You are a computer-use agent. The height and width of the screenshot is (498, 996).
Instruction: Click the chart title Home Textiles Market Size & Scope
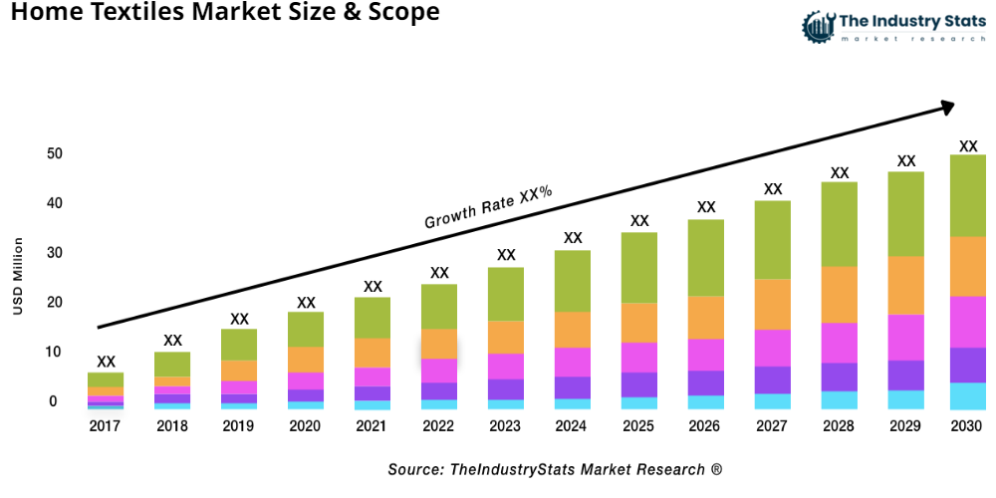pyautogui.click(x=219, y=14)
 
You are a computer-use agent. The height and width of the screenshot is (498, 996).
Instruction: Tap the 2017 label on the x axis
pyautogui.click(x=106, y=426)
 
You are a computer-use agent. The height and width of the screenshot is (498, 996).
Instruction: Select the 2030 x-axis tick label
pyautogui.click(x=967, y=426)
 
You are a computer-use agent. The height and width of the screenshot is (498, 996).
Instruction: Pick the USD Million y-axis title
pyautogui.click(x=18, y=277)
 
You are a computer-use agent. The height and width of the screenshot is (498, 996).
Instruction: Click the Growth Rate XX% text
pyautogui.click(x=488, y=207)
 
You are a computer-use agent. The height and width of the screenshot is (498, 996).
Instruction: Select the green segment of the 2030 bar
pyautogui.click(x=967, y=195)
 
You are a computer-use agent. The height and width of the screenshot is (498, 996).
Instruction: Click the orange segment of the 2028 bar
pyautogui.click(x=840, y=295)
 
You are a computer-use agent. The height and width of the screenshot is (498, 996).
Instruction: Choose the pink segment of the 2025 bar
pyautogui.click(x=639, y=358)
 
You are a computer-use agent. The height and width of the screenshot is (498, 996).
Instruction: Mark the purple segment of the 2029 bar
pyautogui.click(x=905, y=374)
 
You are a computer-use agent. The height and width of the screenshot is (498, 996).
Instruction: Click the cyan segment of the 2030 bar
pyautogui.click(x=967, y=396)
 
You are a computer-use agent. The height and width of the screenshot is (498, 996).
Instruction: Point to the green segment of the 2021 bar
pyautogui.click(x=373, y=318)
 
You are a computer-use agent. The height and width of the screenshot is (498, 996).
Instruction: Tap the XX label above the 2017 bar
pyautogui.click(x=106, y=362)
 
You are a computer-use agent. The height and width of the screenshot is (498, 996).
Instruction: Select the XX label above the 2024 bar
pyautogui.click(x=573, y=238)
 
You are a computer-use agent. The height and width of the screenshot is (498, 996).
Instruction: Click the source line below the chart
pyautogui.click(x=555, y=468)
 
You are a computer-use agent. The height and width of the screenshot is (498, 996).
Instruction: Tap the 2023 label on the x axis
pyautogui.click(x=506, y=426)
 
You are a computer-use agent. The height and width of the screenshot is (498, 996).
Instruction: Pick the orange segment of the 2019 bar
pyautogui.click(x=239, y=371)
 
